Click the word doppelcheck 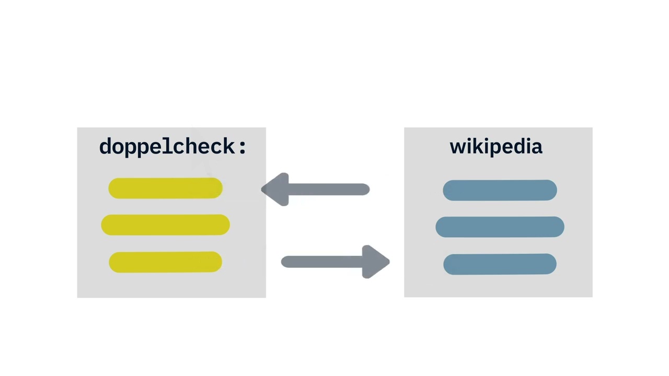click(x=167, y=147)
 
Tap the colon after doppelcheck click(x=243, y=147)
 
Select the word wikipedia click(x=496, y=147)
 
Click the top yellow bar click(x=166, y=189)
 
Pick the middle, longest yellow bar click(x=166, y=225)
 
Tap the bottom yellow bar click(x=166, y=262)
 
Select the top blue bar click(x=500, y=190)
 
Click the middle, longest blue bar click(x=500, y=227)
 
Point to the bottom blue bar click(x=500, y=264)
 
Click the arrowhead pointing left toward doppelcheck click(x=276, y=189)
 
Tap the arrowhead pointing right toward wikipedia click(x=375, y=262)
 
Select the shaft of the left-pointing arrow click(x=329, y=189)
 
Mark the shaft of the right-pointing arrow click(x=322, y=262)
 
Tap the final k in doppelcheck click(x=228, y=146)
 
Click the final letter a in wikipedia click(x=537, y=148)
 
